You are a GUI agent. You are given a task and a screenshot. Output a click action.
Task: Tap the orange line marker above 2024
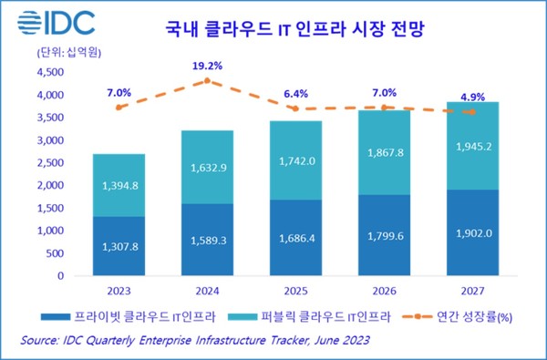click(209, 81)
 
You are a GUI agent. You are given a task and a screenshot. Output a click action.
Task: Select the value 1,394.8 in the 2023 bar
click(119, 185)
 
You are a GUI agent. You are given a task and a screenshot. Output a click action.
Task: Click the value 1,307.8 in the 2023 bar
click(119, 244)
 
